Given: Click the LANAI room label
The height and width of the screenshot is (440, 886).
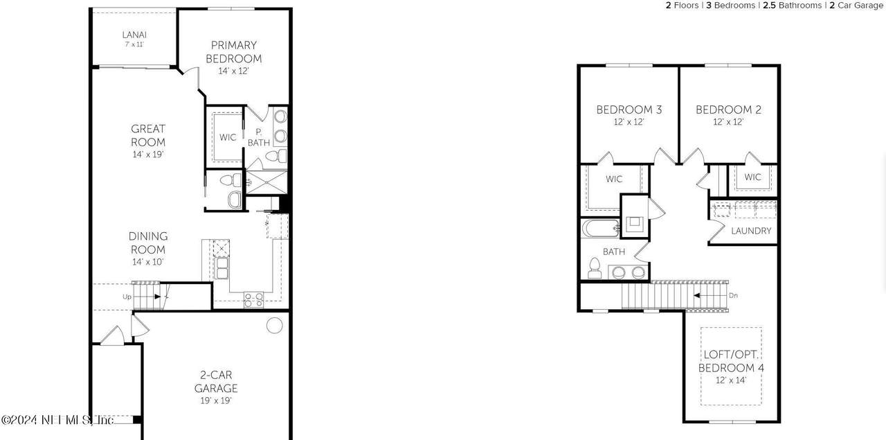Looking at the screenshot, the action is [134, 35].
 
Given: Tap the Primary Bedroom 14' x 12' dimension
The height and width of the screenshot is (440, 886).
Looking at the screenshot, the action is [233, 71].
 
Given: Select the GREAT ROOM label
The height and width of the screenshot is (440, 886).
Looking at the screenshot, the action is [148, 135].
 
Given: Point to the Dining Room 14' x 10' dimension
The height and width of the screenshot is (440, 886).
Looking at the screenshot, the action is [148, 262].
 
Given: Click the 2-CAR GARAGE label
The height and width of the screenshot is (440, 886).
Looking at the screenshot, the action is [216, 381].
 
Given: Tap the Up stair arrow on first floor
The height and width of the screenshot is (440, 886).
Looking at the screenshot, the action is [157, 297].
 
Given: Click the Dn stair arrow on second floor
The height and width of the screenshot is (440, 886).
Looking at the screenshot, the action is [697, 295].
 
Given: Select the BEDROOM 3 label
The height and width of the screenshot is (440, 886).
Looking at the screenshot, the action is [629, 109].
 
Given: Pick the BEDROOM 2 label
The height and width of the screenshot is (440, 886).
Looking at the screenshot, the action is [728, 109].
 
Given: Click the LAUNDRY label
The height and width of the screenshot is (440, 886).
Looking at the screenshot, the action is [751, 231].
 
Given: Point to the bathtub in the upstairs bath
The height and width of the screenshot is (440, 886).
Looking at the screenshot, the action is [600, 229].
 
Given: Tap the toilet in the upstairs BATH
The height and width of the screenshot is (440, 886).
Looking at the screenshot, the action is [595, 268].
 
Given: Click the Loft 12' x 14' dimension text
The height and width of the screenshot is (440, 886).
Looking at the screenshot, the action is [731, 380].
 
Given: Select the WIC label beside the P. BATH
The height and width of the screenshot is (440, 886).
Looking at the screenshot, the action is [228, 137].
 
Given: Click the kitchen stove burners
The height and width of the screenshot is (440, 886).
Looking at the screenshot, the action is [253, 300].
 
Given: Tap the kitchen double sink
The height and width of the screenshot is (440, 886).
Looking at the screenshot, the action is [221, 268].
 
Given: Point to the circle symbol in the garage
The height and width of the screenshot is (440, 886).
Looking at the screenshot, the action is [275, 326].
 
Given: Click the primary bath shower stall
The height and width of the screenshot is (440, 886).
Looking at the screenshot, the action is [267, 182].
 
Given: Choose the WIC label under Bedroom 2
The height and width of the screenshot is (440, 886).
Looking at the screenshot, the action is [752, 177].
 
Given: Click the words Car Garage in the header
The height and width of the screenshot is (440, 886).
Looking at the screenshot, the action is [860, 6].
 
